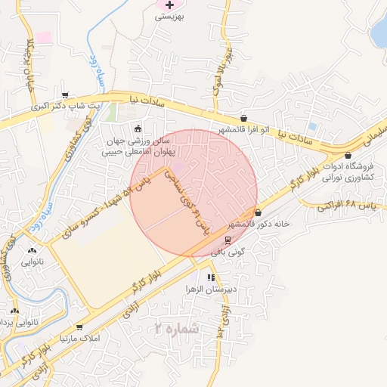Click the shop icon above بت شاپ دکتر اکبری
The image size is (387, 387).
point(66,95)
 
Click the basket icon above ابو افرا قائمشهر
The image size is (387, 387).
point(244,118)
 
